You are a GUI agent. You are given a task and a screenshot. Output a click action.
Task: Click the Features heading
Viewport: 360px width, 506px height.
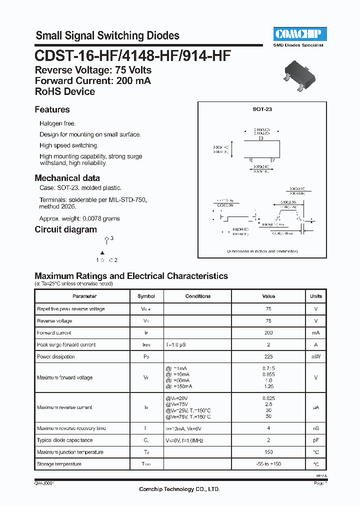(x=52, y=109)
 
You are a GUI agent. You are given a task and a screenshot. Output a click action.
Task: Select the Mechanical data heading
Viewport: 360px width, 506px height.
(x=67, y=178)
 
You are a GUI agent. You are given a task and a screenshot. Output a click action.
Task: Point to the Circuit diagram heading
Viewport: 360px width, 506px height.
(x=65, y=229)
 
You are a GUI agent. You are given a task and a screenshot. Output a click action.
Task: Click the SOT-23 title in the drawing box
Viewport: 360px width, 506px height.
(x=262, y=108)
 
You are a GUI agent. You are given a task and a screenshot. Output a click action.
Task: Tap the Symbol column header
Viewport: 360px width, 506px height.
(x=146, y=296)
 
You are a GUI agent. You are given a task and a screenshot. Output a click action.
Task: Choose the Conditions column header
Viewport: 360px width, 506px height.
(x=198, y=296)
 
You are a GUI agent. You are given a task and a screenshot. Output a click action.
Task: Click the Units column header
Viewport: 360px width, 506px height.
(x=316, y=296)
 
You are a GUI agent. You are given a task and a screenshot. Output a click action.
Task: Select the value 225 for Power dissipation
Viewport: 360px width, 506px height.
(x=268, y=356)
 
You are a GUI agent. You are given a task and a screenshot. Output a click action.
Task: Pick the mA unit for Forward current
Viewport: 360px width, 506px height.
(x=316, y=332)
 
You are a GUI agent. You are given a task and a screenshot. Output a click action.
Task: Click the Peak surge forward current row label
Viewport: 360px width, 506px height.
(x=66, y=344)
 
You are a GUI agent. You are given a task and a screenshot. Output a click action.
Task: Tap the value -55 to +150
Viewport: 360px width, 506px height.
(x=268, y=464)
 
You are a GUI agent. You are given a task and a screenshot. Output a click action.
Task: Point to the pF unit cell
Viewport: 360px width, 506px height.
(x=316, y=440)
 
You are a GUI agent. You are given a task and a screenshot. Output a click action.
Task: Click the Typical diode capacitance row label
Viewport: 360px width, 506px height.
(x=64, y=440)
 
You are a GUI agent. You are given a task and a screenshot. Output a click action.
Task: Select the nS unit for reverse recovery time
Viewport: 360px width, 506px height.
(x=316, y=428)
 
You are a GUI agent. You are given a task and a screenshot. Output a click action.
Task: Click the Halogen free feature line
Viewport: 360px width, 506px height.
(x=57, y=123)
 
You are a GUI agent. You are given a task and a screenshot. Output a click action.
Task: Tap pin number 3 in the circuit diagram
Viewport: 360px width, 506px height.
(x=111, y=238)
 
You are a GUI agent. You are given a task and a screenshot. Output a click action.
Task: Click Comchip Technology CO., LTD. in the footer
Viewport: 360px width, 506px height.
(x=179, y=489)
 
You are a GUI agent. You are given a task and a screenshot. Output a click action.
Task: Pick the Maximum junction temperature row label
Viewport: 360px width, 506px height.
(x=70, y=452)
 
